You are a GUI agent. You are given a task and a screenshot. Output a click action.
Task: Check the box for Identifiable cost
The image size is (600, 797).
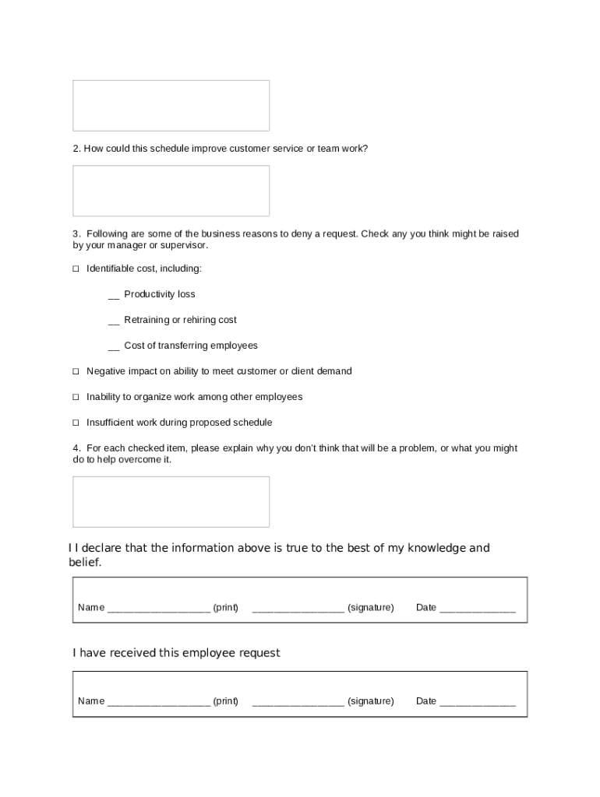[x=76, y=269]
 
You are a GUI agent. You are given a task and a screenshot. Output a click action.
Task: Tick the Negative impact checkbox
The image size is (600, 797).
[x=76, y=371]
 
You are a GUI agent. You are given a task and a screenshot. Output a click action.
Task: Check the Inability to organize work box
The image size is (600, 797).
[x=76, y=397]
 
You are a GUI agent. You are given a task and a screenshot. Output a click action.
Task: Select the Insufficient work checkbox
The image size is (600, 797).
[x=76, y=423]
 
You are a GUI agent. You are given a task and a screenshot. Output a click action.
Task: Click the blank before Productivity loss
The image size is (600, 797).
[x=114, y=296]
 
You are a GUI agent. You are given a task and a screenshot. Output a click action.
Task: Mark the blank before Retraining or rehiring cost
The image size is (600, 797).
[x=114, y=321]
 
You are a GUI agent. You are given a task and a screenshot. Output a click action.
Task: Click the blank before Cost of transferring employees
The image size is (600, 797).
[x=114, y=347]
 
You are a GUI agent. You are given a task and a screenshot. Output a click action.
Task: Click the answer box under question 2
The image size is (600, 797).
[x=171, y=191]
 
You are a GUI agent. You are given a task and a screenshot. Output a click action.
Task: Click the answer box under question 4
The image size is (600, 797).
[x=171, y=502]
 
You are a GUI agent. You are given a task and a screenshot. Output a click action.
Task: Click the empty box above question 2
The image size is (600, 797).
[x=171, y=105]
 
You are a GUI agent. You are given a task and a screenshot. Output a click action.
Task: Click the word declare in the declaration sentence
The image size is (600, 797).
[x=101, y=548]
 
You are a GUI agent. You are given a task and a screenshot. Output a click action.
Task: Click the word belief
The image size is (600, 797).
[x=85, y=562]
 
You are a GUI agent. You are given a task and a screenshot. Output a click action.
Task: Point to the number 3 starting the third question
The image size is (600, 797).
[x=76, y=233]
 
